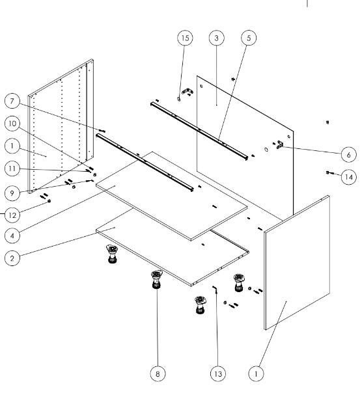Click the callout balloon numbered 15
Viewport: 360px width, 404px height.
(x=185, y=38)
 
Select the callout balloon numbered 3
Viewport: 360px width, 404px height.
(x=216, y=38)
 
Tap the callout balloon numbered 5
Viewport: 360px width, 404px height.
(x=249, y=38)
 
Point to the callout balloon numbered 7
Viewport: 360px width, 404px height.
(x=12, y=101)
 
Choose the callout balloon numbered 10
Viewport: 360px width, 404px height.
(x=12, y=124)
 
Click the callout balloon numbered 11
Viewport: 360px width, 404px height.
(x=12, y=168)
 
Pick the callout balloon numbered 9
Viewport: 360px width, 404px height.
(x=12, y=193)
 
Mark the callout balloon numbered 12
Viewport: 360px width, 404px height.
(x=12, y=215)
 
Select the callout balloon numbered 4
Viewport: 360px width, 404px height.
(x=12, y=236)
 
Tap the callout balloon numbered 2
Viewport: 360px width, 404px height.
(x=12, y=258)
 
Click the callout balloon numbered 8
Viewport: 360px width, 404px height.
(x=158, y=373)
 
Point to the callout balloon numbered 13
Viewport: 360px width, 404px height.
(x=218, y=373)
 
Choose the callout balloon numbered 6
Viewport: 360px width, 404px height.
(x=349, y=155)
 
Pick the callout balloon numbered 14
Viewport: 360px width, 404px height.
(x=349, y=177)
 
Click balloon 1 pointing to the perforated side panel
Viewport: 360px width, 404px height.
(x=12, y=146)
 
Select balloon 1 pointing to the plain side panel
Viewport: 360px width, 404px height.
(x=256, y=373)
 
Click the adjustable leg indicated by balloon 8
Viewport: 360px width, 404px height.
(x=156, y=279)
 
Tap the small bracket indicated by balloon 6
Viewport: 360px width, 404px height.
(x=280, y=144)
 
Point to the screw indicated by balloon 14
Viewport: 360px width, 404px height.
(x=328, y=172)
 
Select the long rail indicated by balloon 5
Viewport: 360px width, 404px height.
(x=199, y=131)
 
